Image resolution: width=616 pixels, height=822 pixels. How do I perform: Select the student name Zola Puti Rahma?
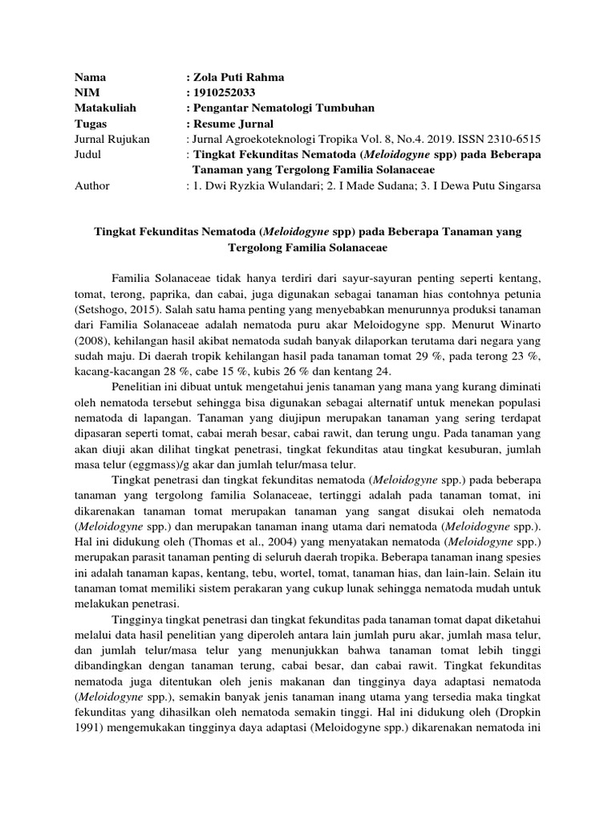237,78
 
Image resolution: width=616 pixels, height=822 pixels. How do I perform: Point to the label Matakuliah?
106,108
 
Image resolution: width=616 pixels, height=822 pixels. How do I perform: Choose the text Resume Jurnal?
233,124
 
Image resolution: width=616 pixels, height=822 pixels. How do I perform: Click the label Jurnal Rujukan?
112,139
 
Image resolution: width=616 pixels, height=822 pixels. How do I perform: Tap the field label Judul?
89,154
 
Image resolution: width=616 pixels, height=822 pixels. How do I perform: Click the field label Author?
92,185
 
